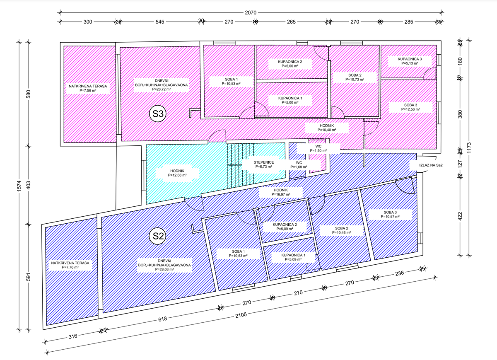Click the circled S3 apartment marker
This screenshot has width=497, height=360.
pos(157,114)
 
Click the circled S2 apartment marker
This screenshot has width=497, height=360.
pos(157,236)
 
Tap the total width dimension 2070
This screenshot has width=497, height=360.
pos(250,13)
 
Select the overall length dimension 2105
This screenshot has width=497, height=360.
pos(241,314)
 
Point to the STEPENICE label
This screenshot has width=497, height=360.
pos(263,164)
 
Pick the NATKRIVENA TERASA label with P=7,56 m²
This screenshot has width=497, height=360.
pos(87,88)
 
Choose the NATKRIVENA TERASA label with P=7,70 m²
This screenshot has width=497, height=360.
pos(70,265)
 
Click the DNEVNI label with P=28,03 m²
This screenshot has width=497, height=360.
pos(164,264)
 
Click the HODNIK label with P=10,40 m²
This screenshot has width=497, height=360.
pos(327,127)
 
